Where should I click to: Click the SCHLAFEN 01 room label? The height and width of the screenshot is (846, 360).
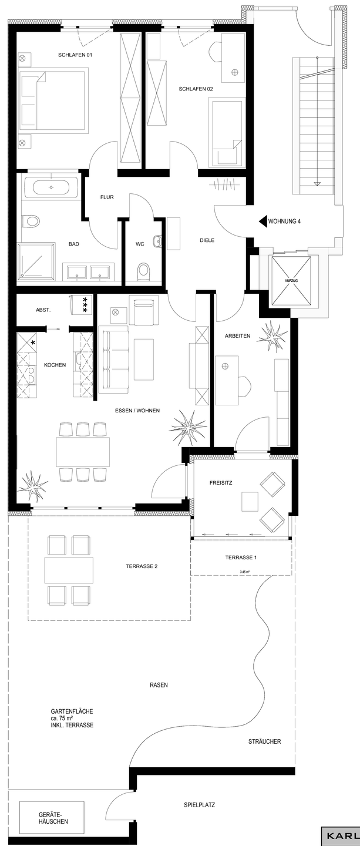(x=76, y=55)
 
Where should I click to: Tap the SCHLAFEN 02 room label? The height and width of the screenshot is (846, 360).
(x=196, y=89)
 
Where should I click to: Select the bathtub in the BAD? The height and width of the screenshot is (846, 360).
(x=51, y=188)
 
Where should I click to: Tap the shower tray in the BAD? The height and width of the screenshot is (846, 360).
(x=36, y=261)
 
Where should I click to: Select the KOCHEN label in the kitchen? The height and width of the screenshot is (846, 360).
(x=55, y=365)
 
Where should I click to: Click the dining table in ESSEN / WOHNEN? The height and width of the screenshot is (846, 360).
(x=83, y=452)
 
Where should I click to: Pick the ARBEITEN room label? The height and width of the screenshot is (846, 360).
(x=238, y=336)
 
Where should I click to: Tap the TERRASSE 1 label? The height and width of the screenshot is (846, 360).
(x=241, y=558)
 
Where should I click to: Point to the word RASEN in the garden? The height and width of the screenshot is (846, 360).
(x=159, y=685)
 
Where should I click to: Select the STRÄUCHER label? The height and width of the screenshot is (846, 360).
(x=264, y=741)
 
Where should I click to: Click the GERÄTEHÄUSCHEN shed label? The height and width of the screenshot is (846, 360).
(x=53, y=818)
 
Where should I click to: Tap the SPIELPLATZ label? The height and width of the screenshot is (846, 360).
(x=200, y=805)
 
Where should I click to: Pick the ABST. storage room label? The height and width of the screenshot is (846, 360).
(x=43, y=310)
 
